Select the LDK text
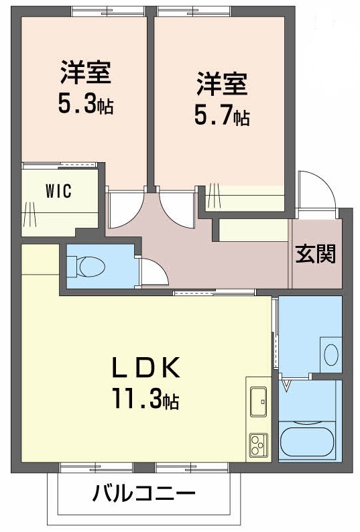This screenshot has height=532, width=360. pyautogui.click(x=145, y=369)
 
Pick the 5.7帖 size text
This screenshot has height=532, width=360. pyautogui.click(x=222, y=117)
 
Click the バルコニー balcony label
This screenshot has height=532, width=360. pyautogui.click(x=143, y=495)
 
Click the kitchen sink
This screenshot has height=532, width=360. pyautogui.click(x=258, y=401)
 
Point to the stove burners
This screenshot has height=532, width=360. pyautogui.click(x=258, y=443)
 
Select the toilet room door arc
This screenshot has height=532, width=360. pyautogui.click(x=150, y=271)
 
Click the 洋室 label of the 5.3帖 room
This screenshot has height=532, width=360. pyautogui.click(x=85, y=72)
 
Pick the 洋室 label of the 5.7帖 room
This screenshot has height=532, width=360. pyautogui.click(x=222, y=84)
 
